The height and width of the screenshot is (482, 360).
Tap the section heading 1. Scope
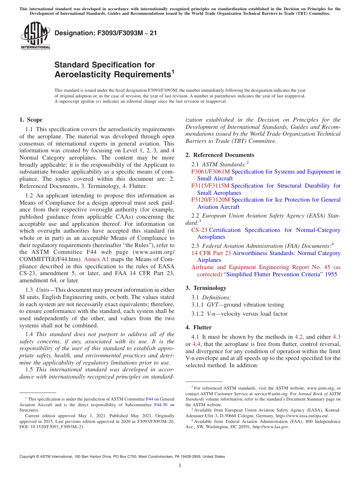pos(31,120)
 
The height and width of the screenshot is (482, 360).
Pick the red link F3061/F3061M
pos(210,172)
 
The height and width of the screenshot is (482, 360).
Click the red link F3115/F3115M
pos(210,186)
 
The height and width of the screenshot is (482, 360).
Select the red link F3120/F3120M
pos(210,200)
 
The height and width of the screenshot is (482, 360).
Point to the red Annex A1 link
pos(96,260)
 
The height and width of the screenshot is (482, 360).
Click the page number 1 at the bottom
pos(180,466)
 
